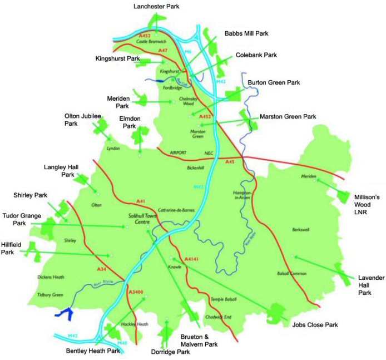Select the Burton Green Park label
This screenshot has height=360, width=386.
(274, 82)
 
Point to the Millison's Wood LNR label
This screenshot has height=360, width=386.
(366, 205)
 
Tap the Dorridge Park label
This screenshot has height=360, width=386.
(170, 352)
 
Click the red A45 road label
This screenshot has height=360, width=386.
(230, 161)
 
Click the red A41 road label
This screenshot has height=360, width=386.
(140, 201)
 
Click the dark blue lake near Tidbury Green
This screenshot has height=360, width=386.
(66, 313)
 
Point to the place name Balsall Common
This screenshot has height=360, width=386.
(291, 273)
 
